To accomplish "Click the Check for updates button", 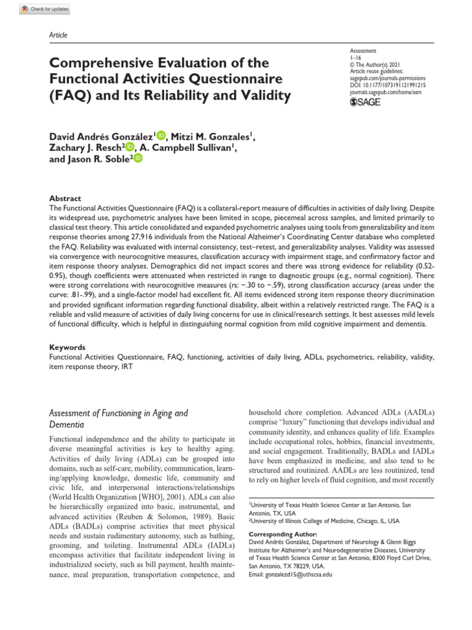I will point(45,9).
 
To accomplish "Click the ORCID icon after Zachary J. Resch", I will point(130,147).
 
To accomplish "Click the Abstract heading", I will point(65,199).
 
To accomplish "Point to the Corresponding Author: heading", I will point(283,535).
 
